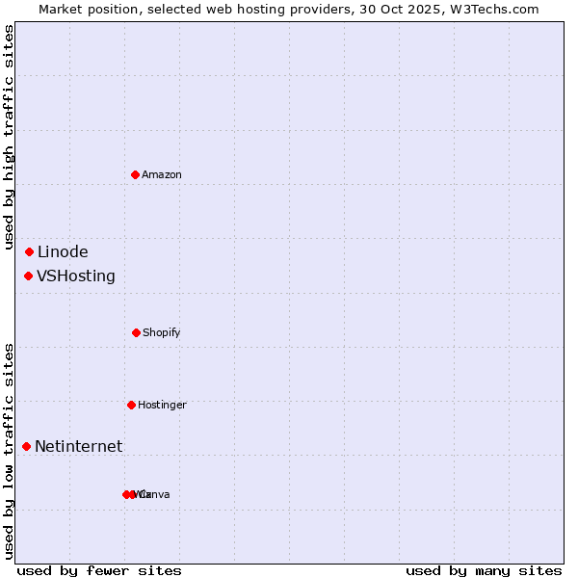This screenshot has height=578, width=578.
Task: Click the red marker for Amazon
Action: pos(135,174)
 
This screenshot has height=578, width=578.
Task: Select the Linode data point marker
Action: pos(29,252)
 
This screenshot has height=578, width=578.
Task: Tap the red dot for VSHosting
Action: pos(28,276)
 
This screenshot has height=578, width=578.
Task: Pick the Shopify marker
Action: pos(136,332)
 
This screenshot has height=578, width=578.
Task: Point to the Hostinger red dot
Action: pos(131,405)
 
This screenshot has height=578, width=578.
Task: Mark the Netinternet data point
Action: pos(26,446)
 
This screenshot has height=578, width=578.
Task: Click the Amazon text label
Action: pos(162,174)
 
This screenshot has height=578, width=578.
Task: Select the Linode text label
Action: pos(63,252)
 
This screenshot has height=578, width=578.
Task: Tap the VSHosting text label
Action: pos(76,276)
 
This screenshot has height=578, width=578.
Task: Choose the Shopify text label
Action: pos(162,332)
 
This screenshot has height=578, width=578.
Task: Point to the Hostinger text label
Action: pos(162,405)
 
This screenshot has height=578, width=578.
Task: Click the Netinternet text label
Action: pos(79,446)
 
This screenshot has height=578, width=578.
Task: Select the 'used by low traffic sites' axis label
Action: pos(9,451)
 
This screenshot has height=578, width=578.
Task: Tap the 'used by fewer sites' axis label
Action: pos(99,570)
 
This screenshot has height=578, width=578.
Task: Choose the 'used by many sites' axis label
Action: pos(484,570)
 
